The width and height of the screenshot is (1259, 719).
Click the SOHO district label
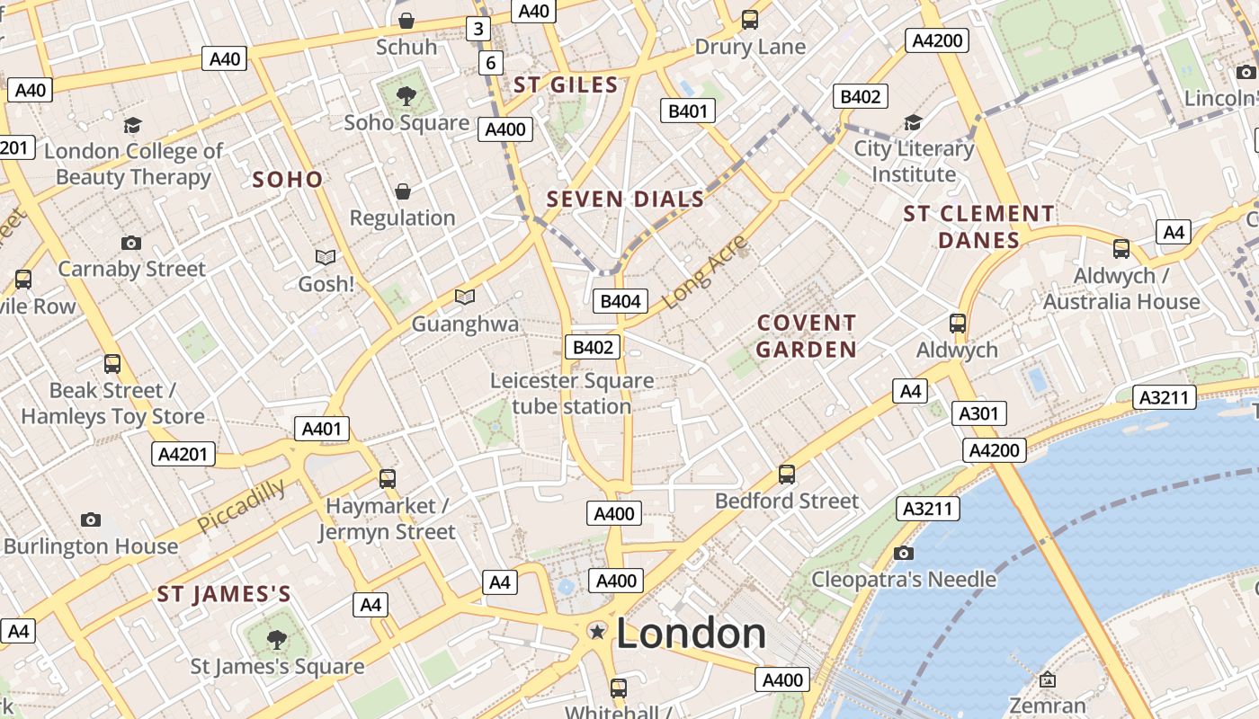287,180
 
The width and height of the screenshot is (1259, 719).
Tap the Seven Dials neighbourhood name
626,200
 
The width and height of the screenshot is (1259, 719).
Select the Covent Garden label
806,336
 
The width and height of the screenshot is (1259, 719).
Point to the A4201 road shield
183,454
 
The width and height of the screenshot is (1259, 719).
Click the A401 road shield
322,429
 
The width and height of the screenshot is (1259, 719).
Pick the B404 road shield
621,301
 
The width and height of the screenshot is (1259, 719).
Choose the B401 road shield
688,111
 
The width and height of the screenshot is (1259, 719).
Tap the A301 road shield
979,413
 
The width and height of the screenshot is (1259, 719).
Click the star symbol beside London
596,632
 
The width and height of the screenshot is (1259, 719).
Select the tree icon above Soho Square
406,94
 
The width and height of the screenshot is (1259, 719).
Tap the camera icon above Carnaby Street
131,243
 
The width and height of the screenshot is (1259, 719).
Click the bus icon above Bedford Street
787,474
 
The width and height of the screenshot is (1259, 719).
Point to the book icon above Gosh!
326,257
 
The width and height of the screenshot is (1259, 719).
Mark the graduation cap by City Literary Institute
913,122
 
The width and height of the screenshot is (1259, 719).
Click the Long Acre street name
704,272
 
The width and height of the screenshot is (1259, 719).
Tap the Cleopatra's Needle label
904,580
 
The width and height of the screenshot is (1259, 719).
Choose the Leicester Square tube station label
572,394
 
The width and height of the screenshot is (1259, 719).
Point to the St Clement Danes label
979,226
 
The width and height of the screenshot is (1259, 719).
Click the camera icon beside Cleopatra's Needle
904,553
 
